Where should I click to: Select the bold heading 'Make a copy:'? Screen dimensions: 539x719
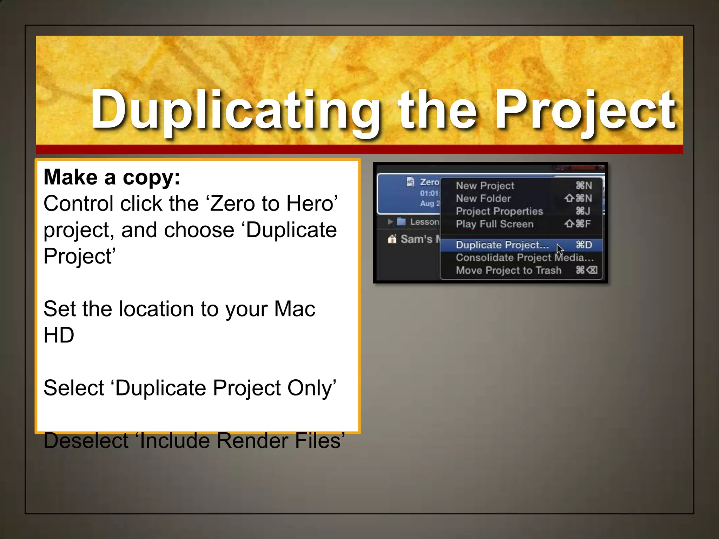[112, 177]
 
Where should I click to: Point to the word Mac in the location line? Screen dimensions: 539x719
[295, 309]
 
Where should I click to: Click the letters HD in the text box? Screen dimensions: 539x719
[59, 335]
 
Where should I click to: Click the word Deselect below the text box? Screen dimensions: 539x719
[86, 441]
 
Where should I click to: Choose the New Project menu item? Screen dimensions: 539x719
[485, 186]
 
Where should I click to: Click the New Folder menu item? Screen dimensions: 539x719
[483, 199]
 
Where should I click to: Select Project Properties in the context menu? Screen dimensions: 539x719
[499, 211]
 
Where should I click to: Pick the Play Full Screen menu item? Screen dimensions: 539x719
[495, 224]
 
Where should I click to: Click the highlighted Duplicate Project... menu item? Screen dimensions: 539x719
[502, 245]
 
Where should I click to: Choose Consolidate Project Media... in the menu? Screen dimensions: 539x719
[525, 258]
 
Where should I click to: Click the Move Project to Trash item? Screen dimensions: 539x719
[508, 270]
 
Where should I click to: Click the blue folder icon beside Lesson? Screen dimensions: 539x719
[401, 222]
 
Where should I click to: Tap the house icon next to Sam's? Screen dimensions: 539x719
[392, 239]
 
